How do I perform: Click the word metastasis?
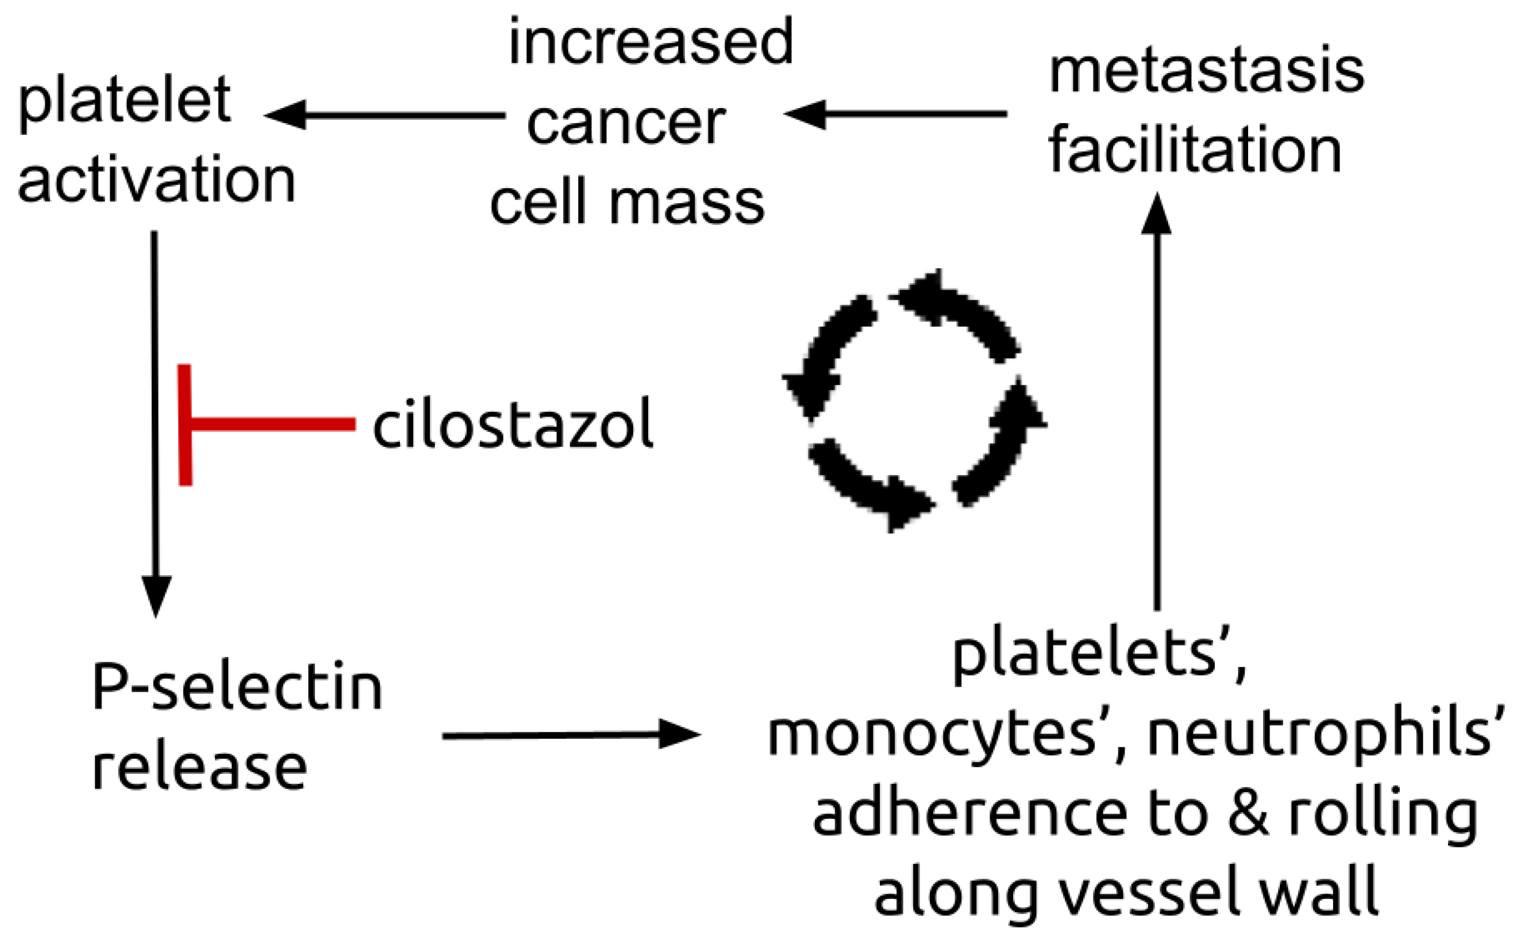[1206, 73]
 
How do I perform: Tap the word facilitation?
[1194, 152]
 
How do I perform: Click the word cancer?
[626, 124]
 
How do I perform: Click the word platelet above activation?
[125, 102]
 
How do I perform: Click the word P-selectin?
[238, 689]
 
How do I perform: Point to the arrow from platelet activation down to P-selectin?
[155, 420]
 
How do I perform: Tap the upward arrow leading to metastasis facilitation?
[1156, 402]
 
